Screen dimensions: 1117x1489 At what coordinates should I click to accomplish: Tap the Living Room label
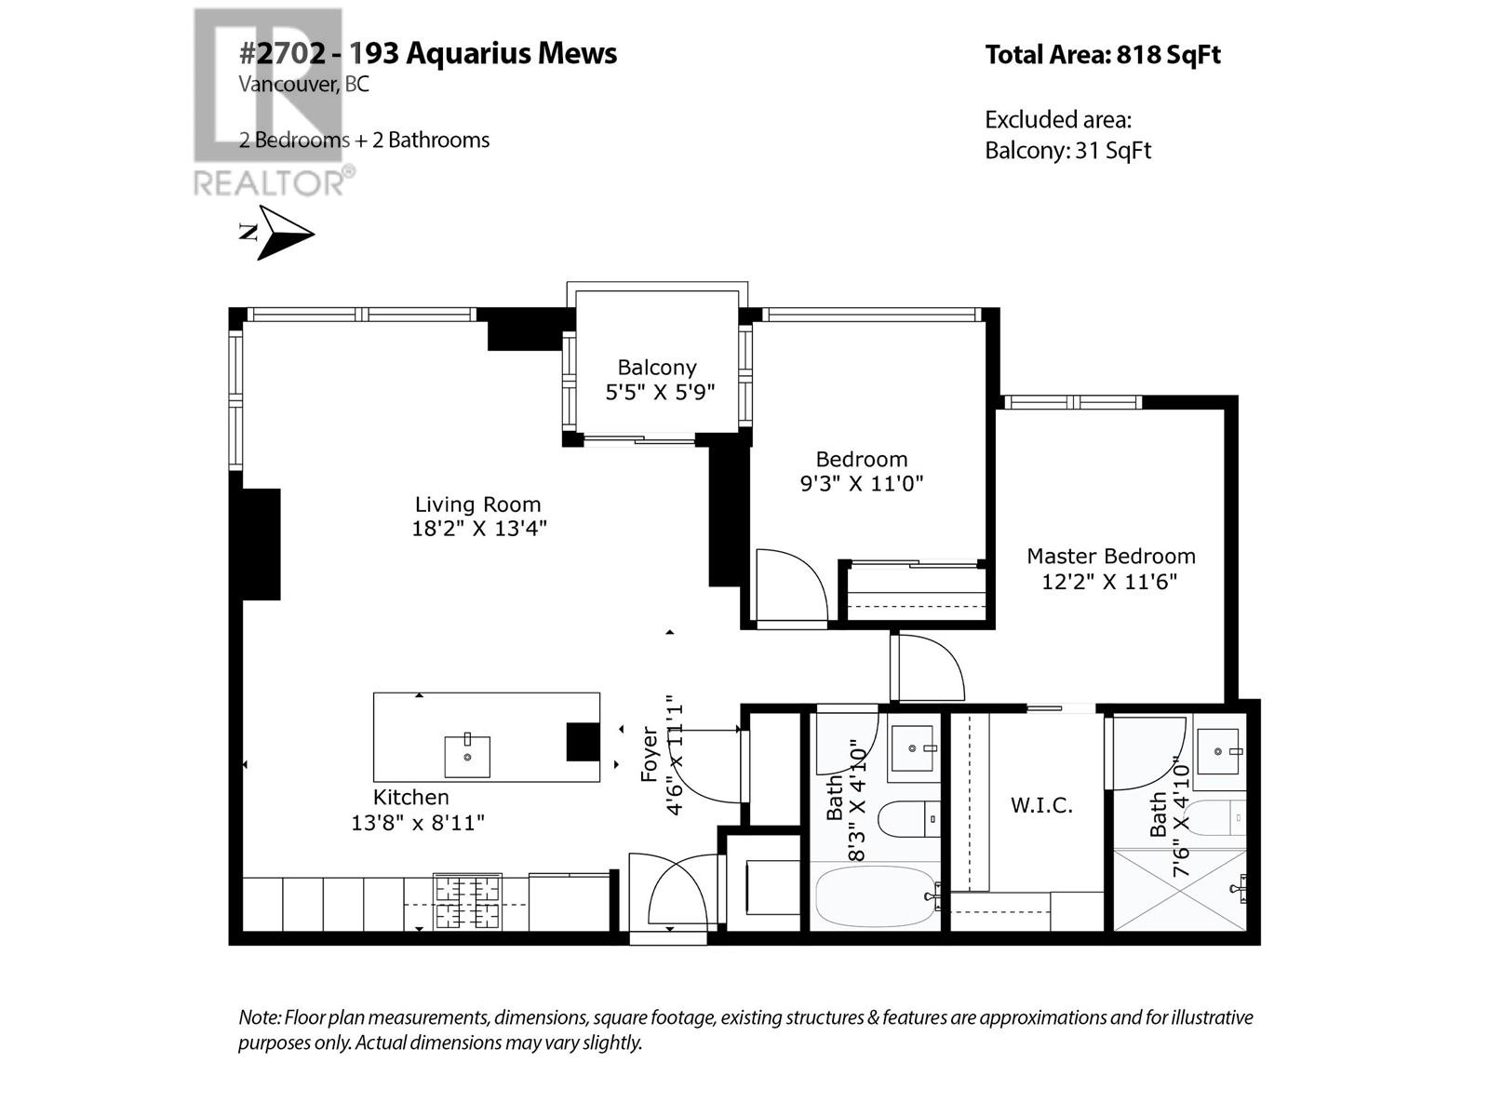(477, 505)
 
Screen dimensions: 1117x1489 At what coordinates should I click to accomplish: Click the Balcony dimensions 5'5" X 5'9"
(660, 392)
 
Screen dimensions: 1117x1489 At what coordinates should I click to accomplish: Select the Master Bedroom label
(1110, 557)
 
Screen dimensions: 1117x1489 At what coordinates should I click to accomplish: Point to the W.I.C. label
(1041, 805)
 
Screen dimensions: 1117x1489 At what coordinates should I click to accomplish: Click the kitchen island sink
(467, 756)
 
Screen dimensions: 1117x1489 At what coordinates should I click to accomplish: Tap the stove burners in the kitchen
(467, 902)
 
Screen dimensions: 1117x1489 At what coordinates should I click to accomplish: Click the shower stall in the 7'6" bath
(1179, 888)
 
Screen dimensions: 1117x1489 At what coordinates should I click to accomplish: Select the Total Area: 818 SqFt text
(1102, 55)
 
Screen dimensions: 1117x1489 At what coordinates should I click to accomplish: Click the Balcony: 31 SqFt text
(1067, 151)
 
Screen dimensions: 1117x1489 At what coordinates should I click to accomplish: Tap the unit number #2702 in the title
(283, 53)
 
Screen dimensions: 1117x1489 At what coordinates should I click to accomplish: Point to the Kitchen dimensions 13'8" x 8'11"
(418, 823)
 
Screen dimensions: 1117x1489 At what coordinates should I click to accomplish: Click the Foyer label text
(650, 756)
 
